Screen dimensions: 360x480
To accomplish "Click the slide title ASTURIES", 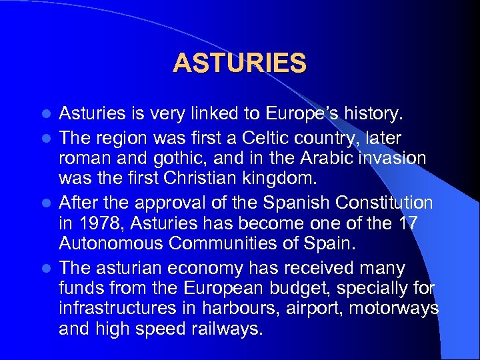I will coord(239,63).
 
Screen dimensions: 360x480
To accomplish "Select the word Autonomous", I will coord(111,243).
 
